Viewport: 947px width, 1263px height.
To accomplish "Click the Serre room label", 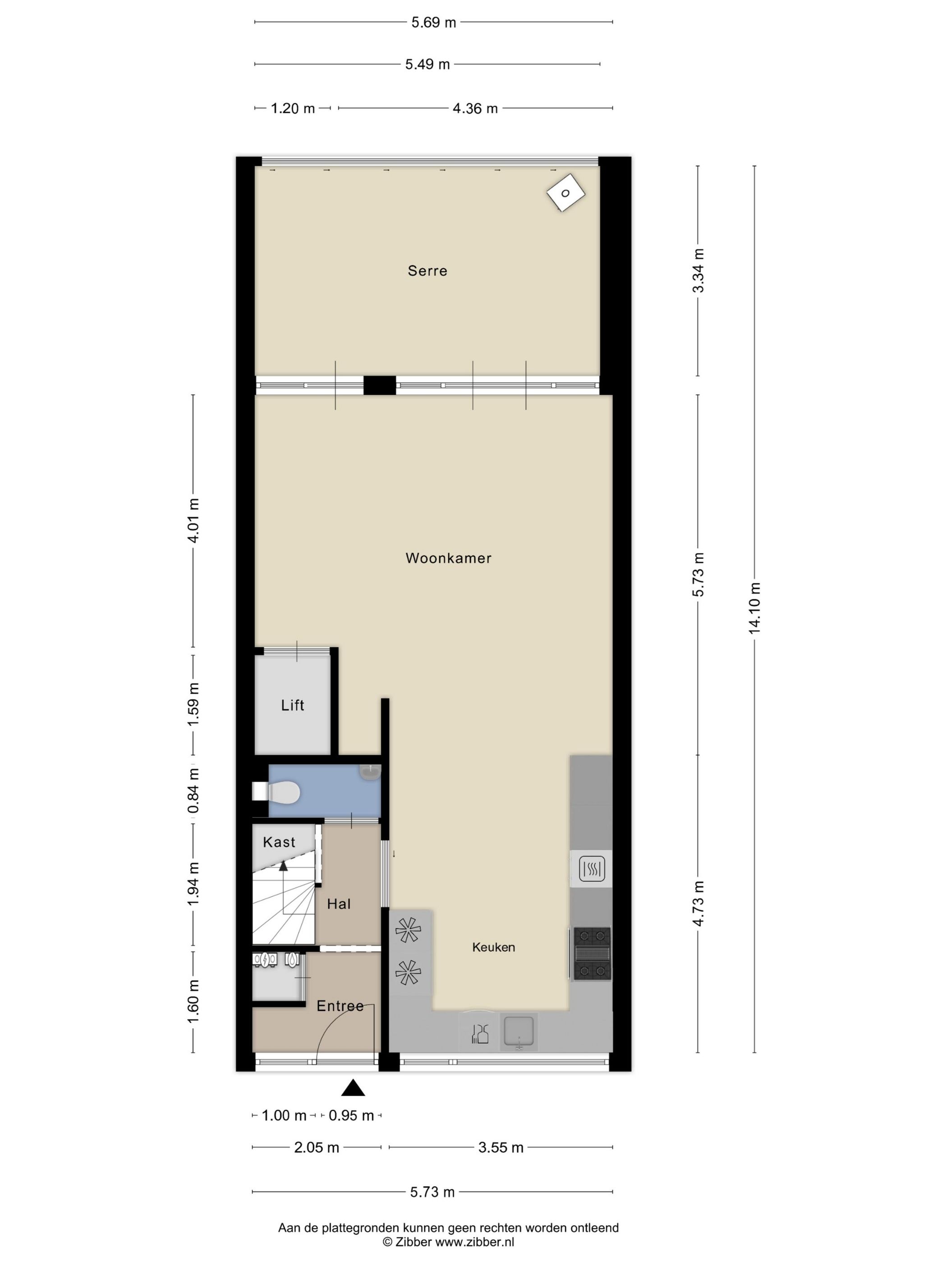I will [x=427, y=271].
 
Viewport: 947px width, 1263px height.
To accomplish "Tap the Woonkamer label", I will [x=448, y=558].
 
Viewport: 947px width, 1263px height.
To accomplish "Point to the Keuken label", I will [x=493, y=947].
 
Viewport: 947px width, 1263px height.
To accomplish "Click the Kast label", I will [x=279, y=842].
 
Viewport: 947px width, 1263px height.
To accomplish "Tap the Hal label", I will [x=339, y=904].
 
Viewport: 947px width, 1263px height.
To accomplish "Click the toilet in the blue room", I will [x=281, y=792].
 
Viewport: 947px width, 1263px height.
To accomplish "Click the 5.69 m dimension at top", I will [x=434, y=23].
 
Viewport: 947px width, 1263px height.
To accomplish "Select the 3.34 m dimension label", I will [x=698, y=270].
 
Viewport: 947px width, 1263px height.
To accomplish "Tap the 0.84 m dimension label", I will [x=193, y=790].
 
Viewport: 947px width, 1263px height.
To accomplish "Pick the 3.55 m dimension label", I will [x=501, y=1148].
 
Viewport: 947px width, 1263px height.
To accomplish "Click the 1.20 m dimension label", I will [x=292, y=109].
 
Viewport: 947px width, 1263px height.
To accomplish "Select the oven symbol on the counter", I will [x=591, y=870].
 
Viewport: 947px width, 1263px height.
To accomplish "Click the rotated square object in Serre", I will [x=565, y=193].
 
